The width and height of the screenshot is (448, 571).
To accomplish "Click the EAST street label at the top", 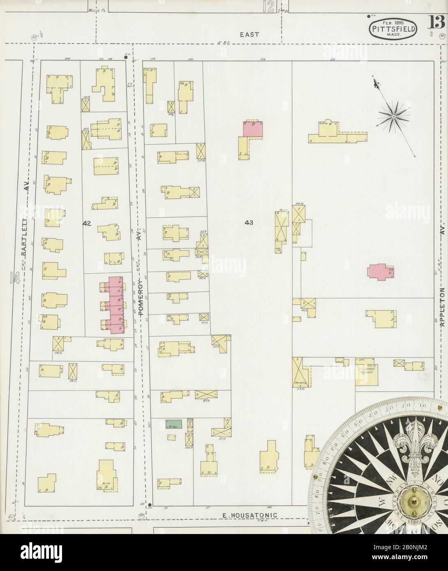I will (249, 35).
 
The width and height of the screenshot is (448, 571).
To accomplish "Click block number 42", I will (87, 223).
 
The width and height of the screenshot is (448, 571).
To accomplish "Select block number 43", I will (248, 223).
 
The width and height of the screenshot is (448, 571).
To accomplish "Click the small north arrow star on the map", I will (393, 117).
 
